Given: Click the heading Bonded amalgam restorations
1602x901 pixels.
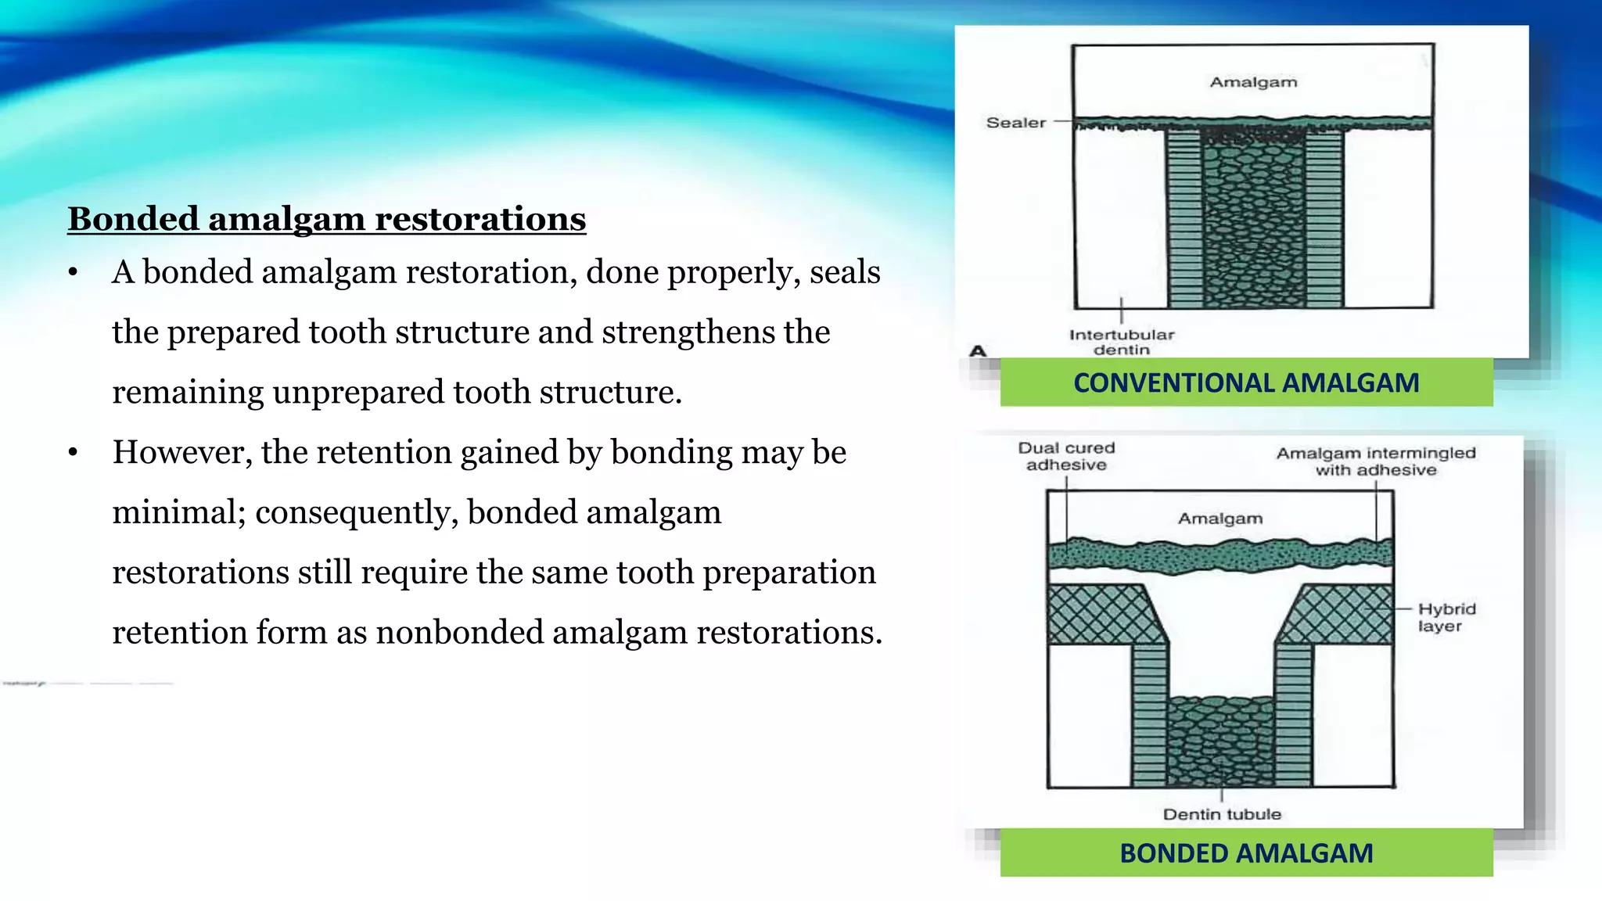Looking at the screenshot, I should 326,219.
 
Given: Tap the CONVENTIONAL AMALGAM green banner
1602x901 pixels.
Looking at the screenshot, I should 1246,382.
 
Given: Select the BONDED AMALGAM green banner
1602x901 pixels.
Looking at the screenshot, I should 1246,853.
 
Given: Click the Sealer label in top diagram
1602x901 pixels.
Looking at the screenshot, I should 1015,123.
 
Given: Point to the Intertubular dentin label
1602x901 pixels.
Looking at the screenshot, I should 1122,342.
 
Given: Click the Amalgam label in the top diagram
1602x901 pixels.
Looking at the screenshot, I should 1253,82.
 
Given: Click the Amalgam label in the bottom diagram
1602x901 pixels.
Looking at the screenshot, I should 1220,519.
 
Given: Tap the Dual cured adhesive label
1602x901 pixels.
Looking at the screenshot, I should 1066,456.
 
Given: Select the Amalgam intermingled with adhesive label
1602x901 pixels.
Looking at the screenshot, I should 1376,461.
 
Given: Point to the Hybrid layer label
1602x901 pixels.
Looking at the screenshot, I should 1446,617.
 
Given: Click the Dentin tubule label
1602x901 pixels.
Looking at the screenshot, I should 1222,814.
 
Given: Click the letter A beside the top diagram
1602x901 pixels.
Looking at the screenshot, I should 978,350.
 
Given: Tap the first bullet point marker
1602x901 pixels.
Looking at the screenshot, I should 73,273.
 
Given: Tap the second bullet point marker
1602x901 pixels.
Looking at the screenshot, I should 73,453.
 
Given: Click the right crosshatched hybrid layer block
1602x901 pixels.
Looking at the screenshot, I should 1341,615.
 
